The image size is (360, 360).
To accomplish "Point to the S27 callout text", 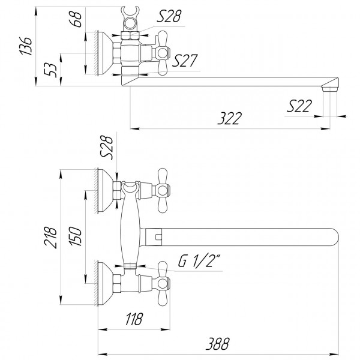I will [x=185, y=60].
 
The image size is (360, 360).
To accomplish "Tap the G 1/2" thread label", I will [x=200, y=262].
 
